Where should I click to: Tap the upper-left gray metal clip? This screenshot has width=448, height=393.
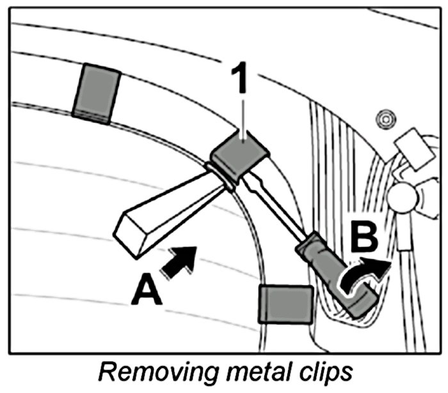tap(95, 93)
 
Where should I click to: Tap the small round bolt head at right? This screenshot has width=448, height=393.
tap(385, 118)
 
